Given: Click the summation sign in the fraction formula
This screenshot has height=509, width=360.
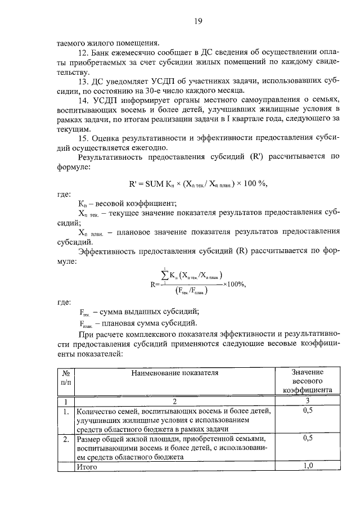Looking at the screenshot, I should click(x=165, y=275).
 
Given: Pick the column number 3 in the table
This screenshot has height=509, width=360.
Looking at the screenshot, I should click(x=308, y=402).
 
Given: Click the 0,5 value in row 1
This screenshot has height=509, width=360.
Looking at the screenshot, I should click(x=308, y=412).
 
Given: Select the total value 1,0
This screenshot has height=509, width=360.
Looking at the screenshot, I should click(x=308, y=466).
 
